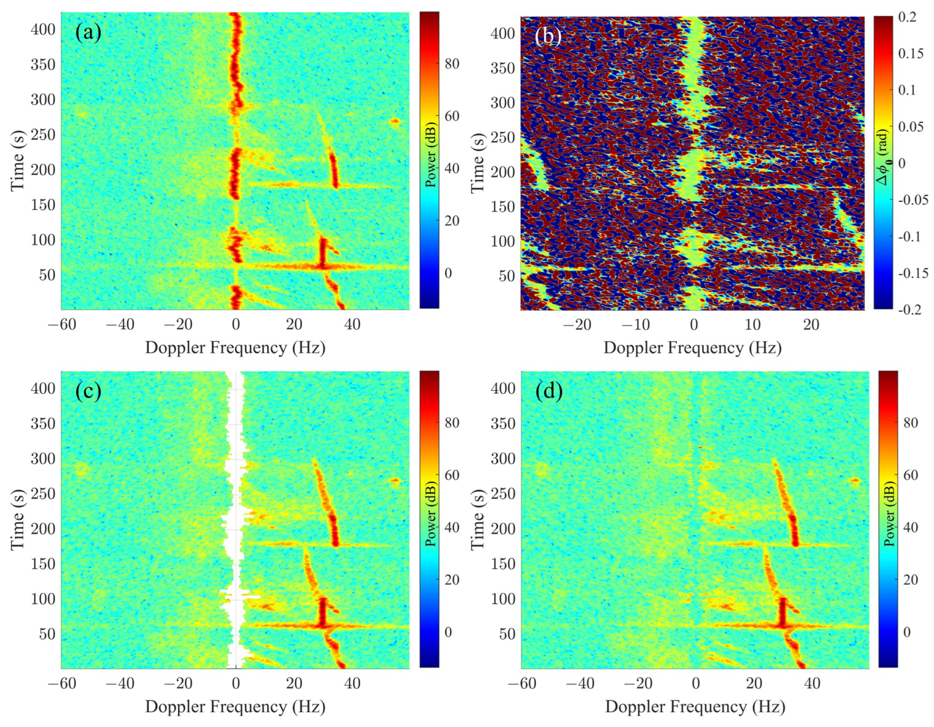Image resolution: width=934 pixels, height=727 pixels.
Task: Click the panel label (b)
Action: [548, 36]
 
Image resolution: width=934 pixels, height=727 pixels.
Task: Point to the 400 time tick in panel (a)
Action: [43, 30]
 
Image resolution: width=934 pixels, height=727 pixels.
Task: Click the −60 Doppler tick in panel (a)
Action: [62, 325]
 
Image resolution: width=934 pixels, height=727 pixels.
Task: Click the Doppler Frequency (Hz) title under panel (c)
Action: [235, 707]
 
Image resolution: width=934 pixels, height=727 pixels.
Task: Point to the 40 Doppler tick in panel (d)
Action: [812, 684]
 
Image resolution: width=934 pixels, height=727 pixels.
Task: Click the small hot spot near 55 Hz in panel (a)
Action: [395, 121]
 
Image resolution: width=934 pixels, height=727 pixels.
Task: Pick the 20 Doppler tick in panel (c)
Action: [294, 684]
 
